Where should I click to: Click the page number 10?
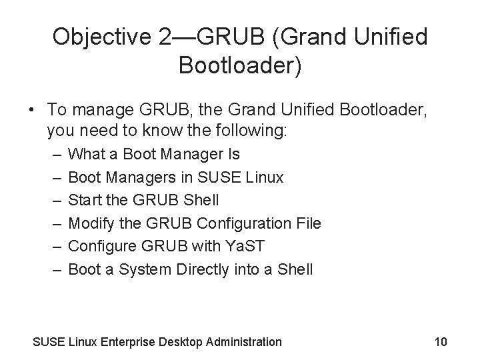coord(440,342)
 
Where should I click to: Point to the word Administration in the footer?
coord(245,342)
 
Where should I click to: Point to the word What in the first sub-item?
coord(87,154)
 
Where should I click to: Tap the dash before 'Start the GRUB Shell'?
coord(54,201)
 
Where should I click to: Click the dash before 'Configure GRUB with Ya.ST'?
coord(54,247)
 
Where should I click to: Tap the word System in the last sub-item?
coord(150,270)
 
